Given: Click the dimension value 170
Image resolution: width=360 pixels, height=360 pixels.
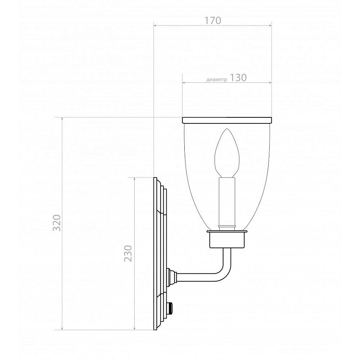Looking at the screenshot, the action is coord(213,21).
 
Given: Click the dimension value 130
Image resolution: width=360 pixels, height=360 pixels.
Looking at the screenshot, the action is coord(238,78).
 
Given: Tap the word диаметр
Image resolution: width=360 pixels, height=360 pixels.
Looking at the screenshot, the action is coord(217,80).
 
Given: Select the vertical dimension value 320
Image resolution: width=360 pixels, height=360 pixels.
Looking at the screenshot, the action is coord(57,223).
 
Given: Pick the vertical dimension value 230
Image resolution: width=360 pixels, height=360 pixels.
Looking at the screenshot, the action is coord(128,254).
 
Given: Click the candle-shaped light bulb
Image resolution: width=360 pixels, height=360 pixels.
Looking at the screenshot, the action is coord(227,153).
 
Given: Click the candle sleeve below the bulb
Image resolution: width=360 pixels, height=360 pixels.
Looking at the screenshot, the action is coord(227,204).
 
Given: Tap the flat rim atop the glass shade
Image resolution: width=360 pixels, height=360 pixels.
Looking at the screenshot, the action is coord(227,120).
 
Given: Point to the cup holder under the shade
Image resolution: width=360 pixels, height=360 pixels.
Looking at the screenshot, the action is coord(227,239).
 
